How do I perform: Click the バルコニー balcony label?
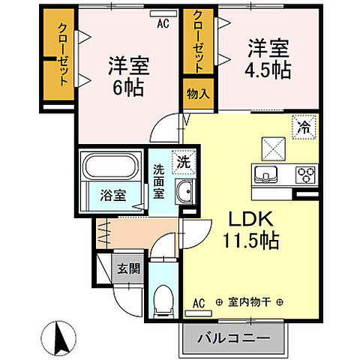click(x=233, y=338)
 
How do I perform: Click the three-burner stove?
click(x=306, y=175)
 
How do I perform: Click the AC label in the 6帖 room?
click(x=162, y=23)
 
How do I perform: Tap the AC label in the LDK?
click(x=199, y=302)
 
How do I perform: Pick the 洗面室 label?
click(x=160, y=180)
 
